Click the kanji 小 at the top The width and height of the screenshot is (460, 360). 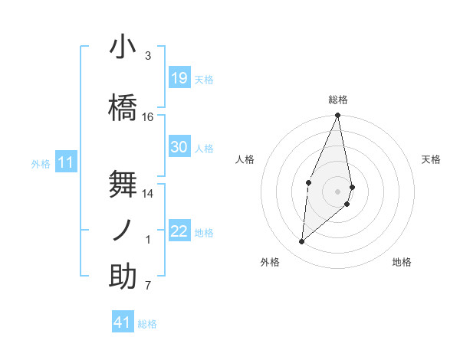pos(123,47)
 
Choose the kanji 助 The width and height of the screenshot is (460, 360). pos(123,277)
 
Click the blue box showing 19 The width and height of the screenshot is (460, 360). pos(179,77)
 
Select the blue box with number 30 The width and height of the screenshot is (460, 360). pos(179,147)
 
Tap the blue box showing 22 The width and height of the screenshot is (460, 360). pos(179,231)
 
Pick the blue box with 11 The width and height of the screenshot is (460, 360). pos(67,162)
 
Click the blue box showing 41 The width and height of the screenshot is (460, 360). pos(123,322)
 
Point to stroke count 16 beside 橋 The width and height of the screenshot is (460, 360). pos(148,117)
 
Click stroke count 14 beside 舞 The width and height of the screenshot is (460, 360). pos(148,194)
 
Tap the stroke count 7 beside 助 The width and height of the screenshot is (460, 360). pos(148,286)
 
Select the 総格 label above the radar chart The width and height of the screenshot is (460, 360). pos(338,100)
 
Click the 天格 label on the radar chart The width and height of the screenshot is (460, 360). pos(432,159)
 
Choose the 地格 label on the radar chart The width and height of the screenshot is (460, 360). pos(402,262)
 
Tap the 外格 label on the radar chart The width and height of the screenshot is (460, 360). pos(270,262)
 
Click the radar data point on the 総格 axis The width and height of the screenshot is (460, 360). pos(338,116)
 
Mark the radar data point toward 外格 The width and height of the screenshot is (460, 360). pos(302,242)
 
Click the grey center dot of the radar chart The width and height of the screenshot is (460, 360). pos(338,191)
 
